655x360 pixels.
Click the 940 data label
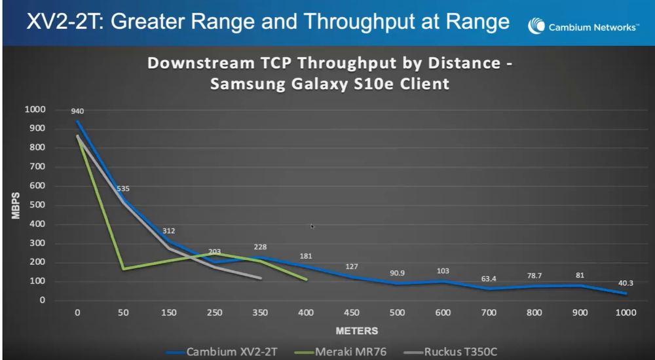point(78,111)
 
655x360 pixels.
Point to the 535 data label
point(123,189)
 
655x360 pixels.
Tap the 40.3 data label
point(626,283)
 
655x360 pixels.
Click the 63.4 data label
point(489,279)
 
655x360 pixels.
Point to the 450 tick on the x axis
point(352,313)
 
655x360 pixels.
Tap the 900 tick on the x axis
point(580,313)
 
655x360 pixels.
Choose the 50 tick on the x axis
point(123,313)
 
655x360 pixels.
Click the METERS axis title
point(356,331)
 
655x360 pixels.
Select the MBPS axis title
point(17,206)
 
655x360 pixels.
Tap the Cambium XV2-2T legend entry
point(230,351)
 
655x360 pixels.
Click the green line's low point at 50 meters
point(123,268)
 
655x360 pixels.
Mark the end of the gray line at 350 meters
point(261,278)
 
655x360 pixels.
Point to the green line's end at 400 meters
point(307,279)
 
